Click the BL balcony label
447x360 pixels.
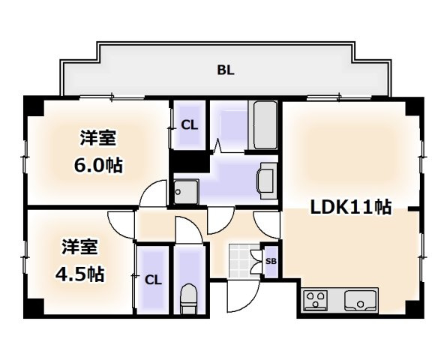pos(226,70)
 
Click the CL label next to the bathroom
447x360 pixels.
pos(190,124)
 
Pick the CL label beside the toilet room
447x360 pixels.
pos(153,279)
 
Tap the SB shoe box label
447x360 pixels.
pos(269,262)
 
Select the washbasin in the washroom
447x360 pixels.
pos(266,181)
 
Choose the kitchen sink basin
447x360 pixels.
pos(360,302)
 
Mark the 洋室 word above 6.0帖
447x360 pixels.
pos(98,139)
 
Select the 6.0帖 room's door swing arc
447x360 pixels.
pos(154,195)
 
